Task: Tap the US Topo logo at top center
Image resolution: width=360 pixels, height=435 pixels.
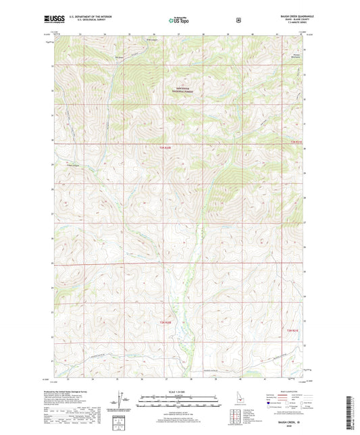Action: [179, 21]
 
